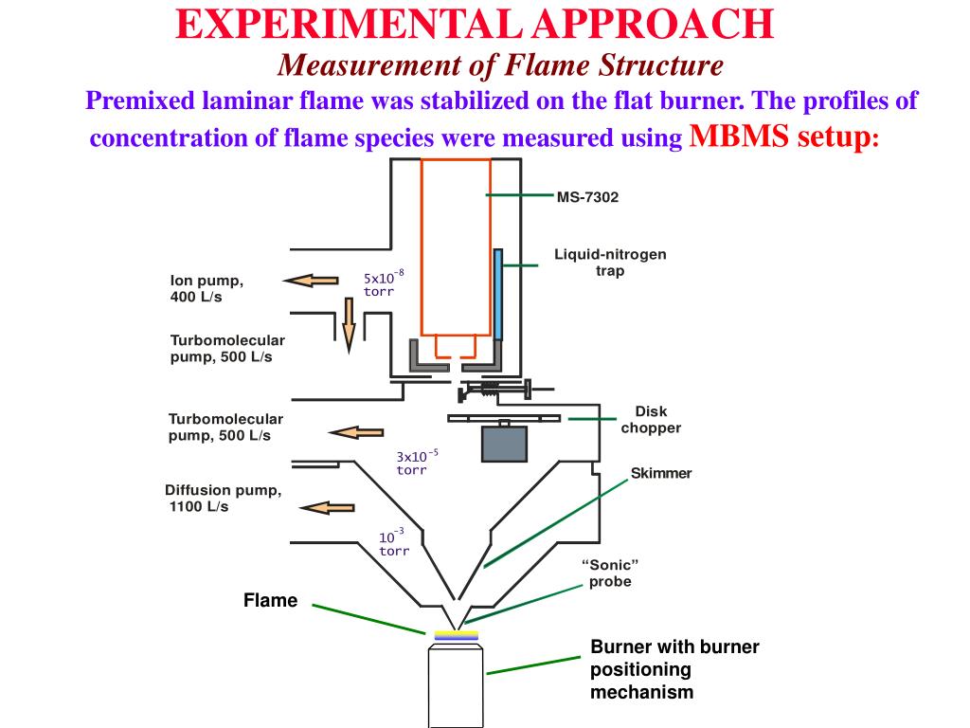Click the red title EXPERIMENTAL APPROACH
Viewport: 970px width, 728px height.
coord(475,24)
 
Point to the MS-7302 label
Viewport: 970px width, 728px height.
coord(587,197)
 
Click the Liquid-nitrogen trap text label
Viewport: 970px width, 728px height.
coord(610,263)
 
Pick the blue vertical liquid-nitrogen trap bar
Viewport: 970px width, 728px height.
coord(497,294)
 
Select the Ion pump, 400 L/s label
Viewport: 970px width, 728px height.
coord(207,288)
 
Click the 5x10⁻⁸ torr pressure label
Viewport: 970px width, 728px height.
coord(383,283)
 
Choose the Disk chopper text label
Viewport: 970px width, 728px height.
coord(651,420)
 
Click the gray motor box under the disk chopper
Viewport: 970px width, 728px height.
coord(504,443)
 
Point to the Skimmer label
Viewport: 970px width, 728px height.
coord(661,473)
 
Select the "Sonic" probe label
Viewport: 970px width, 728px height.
coord(610,573)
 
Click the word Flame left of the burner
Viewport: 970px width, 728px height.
coord(270,600)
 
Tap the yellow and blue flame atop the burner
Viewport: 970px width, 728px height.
coord(457,636)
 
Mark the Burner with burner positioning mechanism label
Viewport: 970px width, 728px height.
coord(674,669)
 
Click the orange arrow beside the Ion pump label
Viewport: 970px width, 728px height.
coord(311,280)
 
